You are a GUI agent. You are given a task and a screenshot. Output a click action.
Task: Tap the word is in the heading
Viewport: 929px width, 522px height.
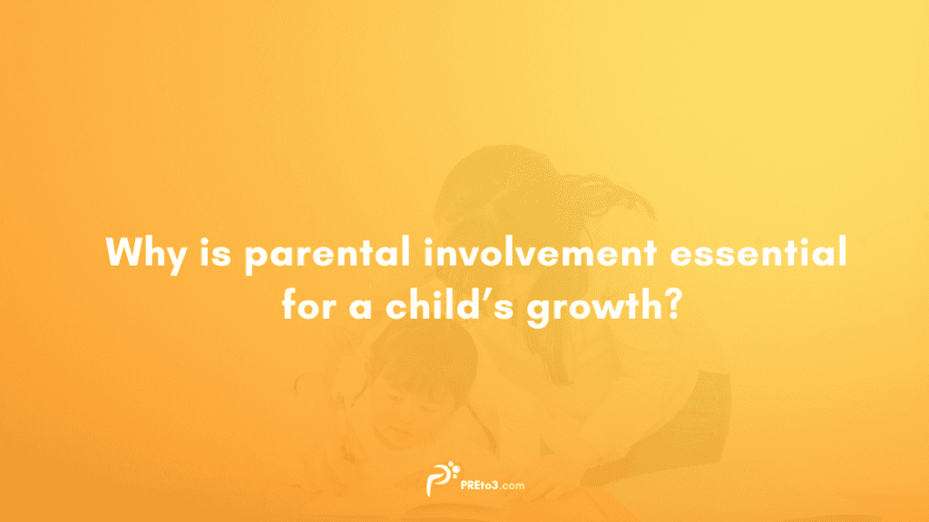coord(208,251)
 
